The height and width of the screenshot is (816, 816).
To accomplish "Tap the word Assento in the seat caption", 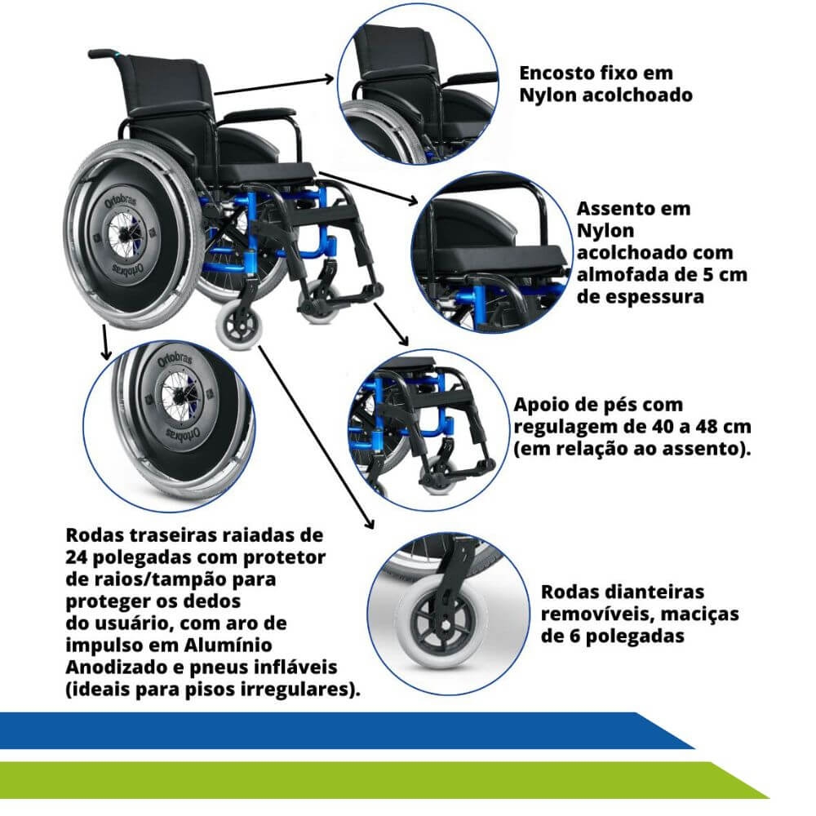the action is pos(615,209).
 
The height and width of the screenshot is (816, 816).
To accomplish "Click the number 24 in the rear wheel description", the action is pos(77,557).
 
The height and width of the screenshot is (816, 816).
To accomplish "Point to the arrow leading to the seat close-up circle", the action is pos(369,188).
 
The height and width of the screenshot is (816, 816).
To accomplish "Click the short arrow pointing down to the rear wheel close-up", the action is pos(105,342).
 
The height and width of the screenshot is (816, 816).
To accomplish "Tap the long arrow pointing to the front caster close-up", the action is pos(317,437).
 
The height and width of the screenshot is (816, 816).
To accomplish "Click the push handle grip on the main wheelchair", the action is pos(103,53).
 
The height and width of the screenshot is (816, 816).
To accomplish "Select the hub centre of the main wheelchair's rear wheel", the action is pos(123,237).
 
